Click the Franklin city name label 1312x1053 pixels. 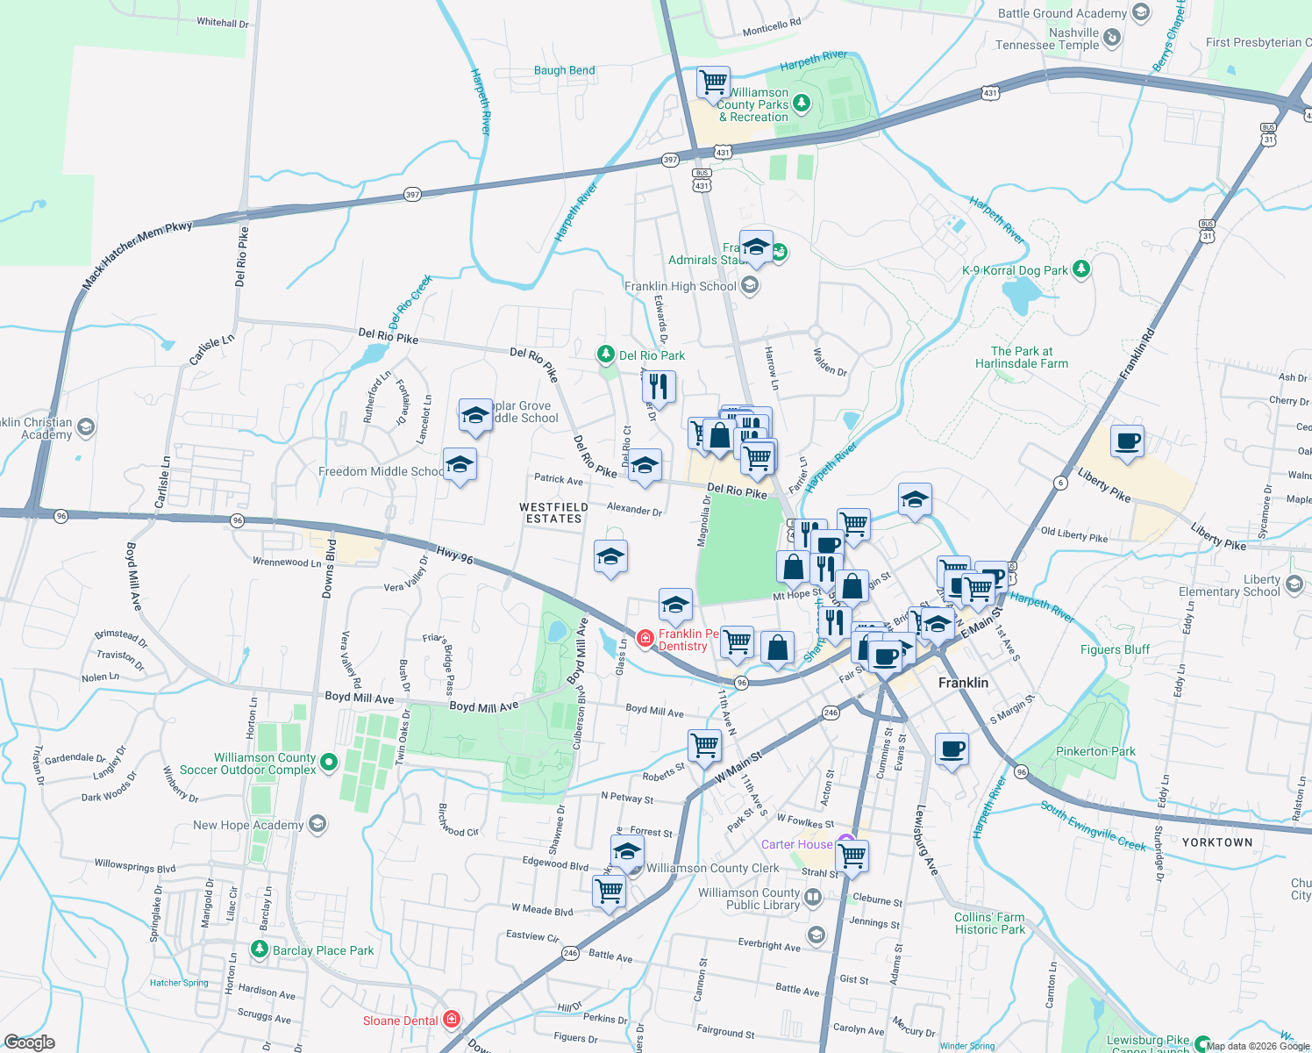pyautogui.click(x=963, y=683)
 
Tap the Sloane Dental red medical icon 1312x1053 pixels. pyautogui.click(x=452, y=1020)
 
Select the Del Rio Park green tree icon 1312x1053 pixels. pyautogui.click(x=605, y=355)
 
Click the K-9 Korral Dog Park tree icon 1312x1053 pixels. pyautogui.click(x=1081, y=269)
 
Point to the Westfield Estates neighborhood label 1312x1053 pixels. pyautogui.click(x=553, y=513)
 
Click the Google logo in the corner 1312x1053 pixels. pyautogui.click(x=29, y=1042)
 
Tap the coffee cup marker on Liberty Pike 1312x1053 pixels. pyautogui.click(x=1127, y=441)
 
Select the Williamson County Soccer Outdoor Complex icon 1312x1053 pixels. pyautogui.click(x=329, y=763)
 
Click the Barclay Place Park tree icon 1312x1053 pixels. pyautogui.click(x=259, y=949)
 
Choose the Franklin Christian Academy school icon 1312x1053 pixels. pyautogui.click(x=85, y=427)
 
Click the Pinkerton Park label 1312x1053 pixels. pyautogui.click(x=1095, y=751)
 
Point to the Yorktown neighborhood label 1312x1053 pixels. pyautogui.click(x=1217, y=842)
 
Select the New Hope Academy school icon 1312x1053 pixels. pyautogui.click(x=317, y=824)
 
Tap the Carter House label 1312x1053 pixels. pyautogui.click(x=796, y=844)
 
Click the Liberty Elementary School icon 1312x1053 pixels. pyautogui.click(x=1294, y=584)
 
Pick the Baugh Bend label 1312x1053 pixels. pyautogui.click(x=564, y=70)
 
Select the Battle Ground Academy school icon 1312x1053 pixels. pyautogui.click(x=1140, y=12)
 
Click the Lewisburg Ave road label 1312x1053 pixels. pyautogui.click(x=927, y=840)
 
